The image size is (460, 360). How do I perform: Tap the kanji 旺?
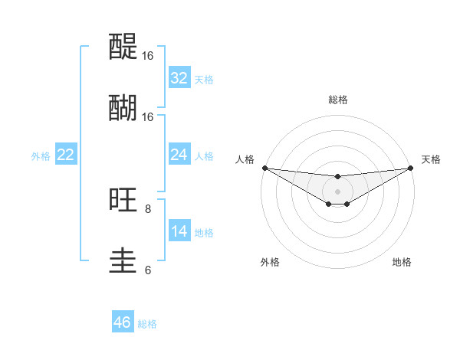[x=123, y=200]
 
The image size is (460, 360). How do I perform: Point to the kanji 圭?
[x=123, y=261]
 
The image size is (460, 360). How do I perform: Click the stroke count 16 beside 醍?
[x=148, y=56]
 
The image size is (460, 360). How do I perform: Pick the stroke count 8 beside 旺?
[x=148, y=208]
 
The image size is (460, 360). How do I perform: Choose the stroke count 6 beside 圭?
[x=148, y=270]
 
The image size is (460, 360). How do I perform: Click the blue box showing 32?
[x=179, y=78]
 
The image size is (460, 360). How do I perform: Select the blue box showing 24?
[x=179, y=155]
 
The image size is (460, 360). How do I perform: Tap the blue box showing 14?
[x=179, y=231]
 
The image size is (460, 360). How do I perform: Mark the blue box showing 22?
[x=66, y=155]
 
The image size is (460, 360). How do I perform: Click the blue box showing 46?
[x=123, y=322]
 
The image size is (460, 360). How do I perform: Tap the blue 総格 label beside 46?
[x=147, y=324]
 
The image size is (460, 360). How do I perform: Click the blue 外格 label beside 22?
[x=41, y=156]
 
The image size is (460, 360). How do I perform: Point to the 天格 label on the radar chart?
[x=431, y=159]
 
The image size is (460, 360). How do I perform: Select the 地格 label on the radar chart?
[x=402, y=262]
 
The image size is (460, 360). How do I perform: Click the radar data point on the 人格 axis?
[x=264, y=168]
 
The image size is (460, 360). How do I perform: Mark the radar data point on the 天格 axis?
[x=411, y=168]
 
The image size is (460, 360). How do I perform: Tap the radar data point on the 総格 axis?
[x=338, y=177]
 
